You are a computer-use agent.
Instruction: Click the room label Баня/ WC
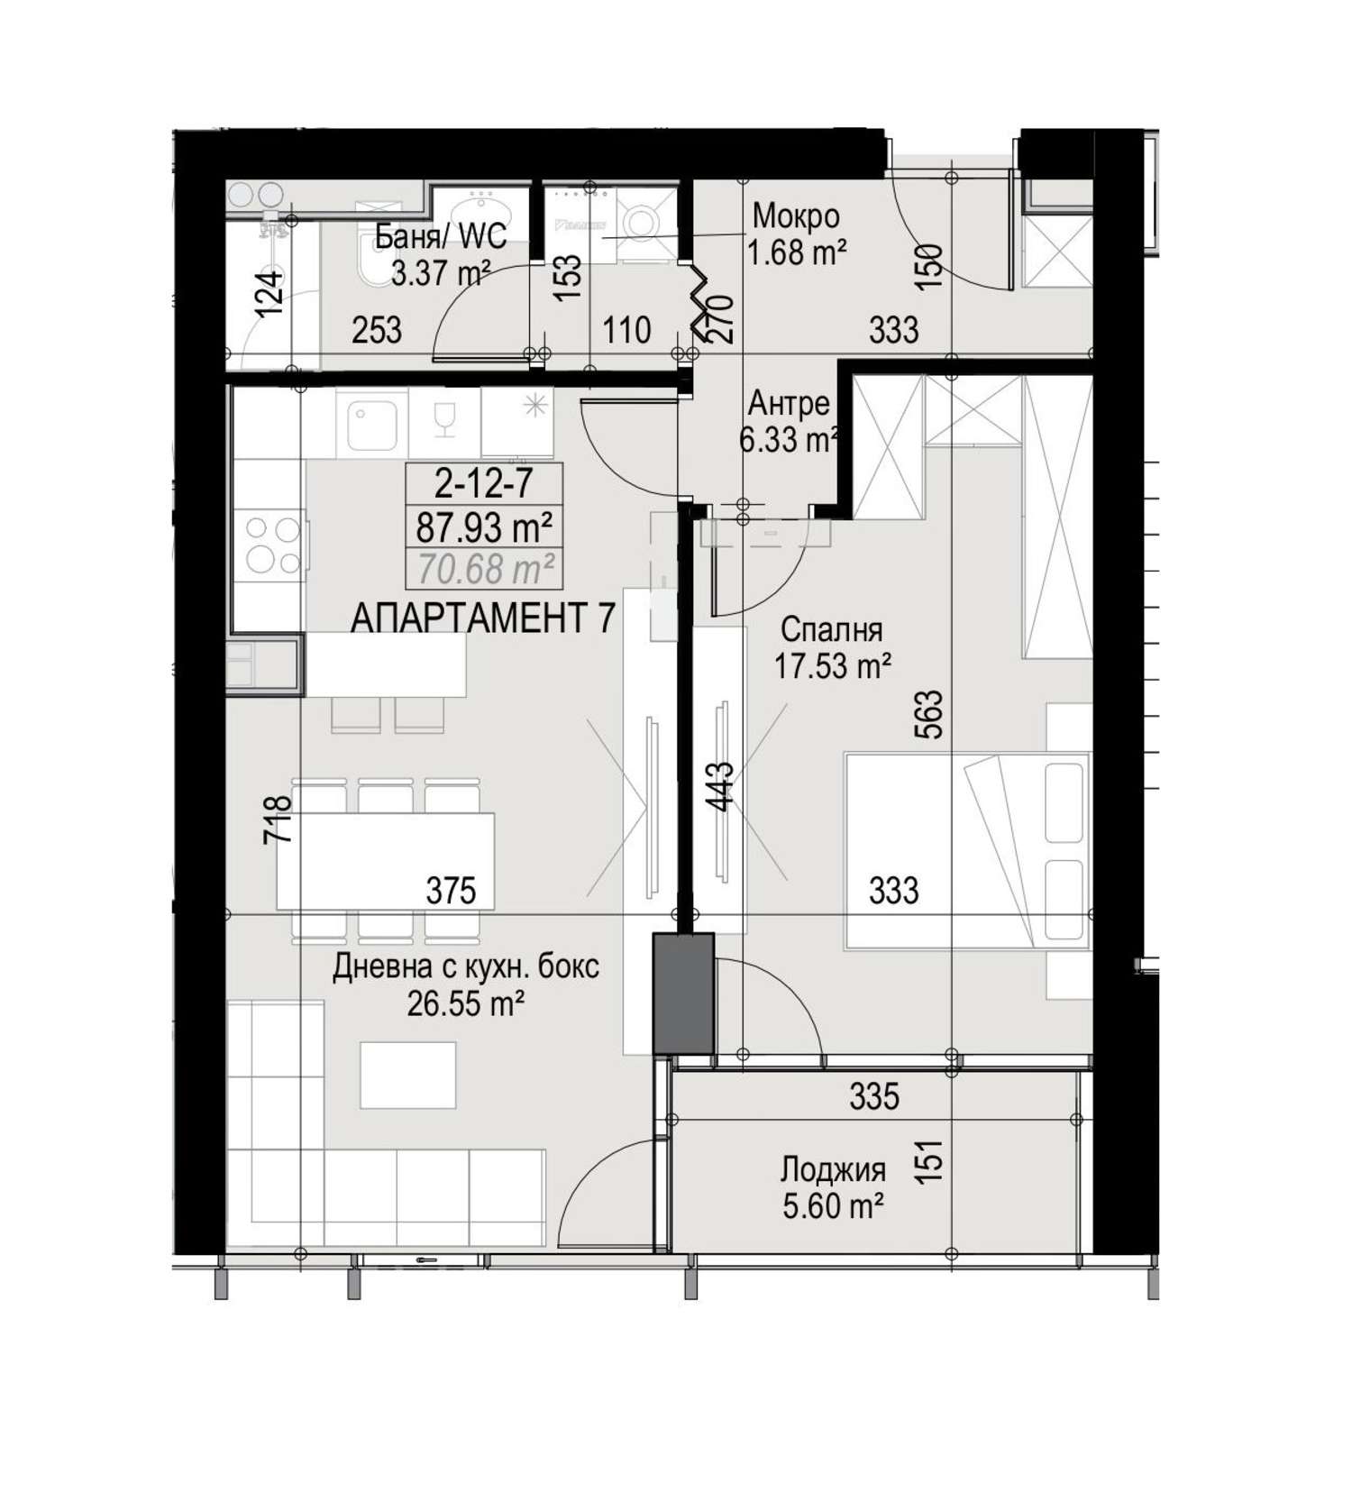[440, 237]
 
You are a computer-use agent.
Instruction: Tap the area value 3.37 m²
[441, 271]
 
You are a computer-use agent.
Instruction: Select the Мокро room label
[796, 217]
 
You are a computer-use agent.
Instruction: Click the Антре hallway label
[790, 403]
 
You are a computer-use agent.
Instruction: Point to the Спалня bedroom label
[832, 628]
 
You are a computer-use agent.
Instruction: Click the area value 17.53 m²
[833, 666]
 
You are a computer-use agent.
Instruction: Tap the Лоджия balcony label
[833, 1170]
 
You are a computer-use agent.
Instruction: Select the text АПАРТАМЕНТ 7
[483, 618]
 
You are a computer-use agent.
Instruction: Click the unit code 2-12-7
[484, 485]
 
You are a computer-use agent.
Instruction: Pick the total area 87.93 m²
[484, 527]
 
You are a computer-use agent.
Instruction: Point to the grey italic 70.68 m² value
[485, 568]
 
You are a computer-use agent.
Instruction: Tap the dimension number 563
[932, 715]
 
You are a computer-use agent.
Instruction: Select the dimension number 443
[721, 787]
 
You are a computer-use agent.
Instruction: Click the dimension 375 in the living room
[451, 891]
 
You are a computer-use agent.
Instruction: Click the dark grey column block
[683, 993]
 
